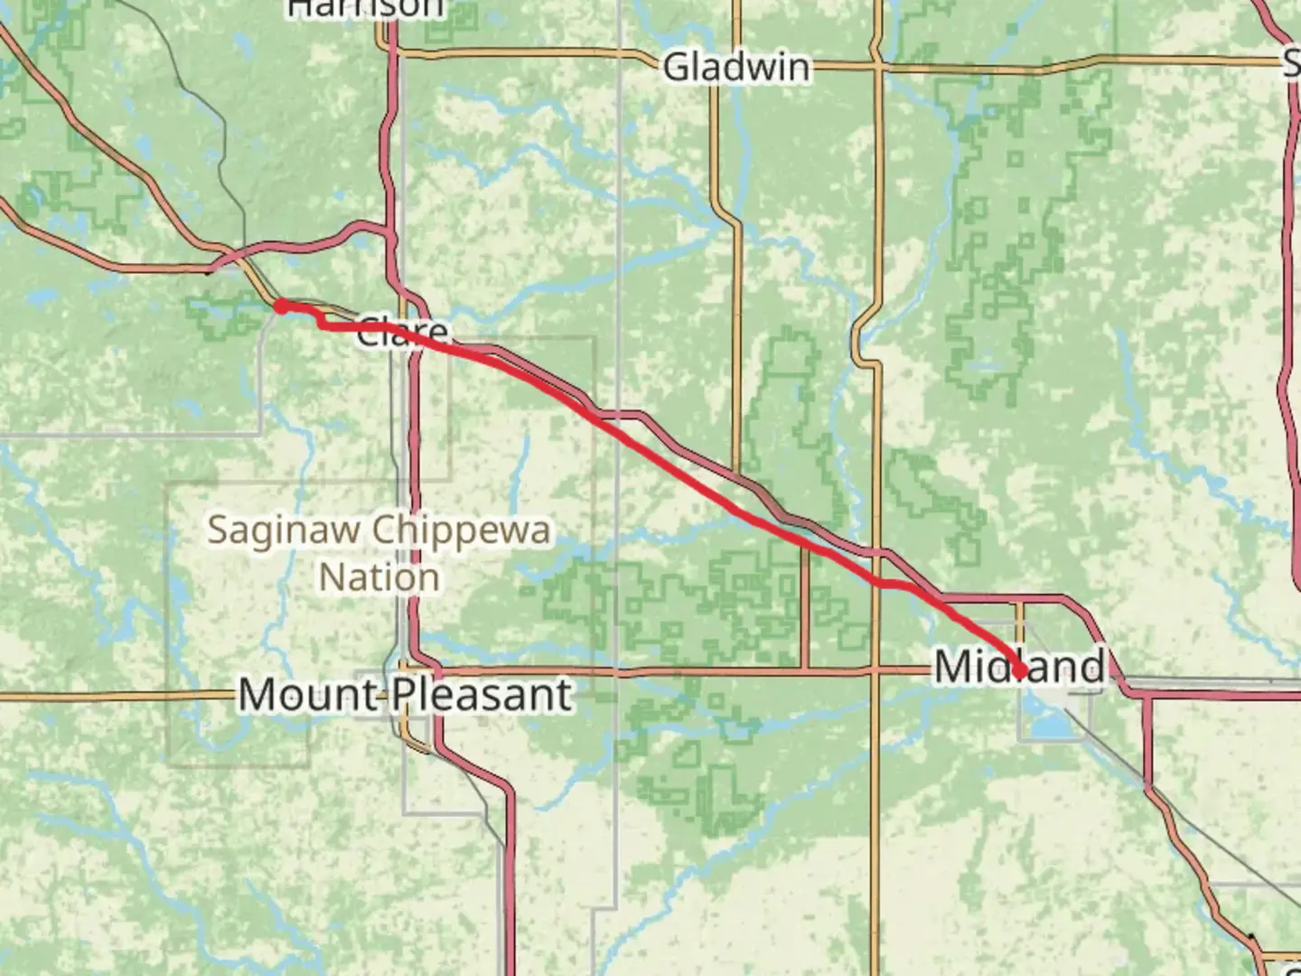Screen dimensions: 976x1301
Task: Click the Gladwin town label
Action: [736, 68]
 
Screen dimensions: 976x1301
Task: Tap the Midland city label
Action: [1018, 667]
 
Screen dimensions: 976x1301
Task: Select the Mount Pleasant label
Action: [405, 695]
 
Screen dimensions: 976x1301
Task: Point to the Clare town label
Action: [401, 332]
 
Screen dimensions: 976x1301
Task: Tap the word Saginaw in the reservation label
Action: [285, 530]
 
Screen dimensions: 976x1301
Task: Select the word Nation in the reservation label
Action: [379, 577]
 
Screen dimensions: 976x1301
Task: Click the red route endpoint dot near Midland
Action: [1020, 671]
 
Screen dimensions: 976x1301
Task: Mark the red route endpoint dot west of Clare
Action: [281, 306]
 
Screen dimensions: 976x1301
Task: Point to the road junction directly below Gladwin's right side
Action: [876, 66]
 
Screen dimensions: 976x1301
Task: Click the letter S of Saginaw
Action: [218, 530]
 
